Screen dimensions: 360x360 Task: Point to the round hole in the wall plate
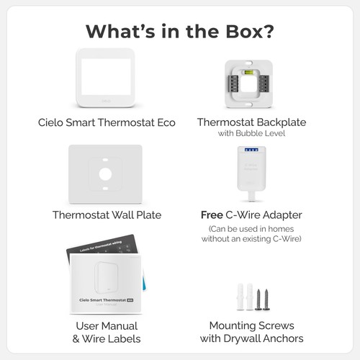[x=106, y=174]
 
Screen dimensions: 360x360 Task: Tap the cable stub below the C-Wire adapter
[x=250, y=195]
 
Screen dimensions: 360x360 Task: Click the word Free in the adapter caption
[x=212, y=215]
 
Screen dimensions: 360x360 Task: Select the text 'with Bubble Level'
[x=251, y=134]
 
